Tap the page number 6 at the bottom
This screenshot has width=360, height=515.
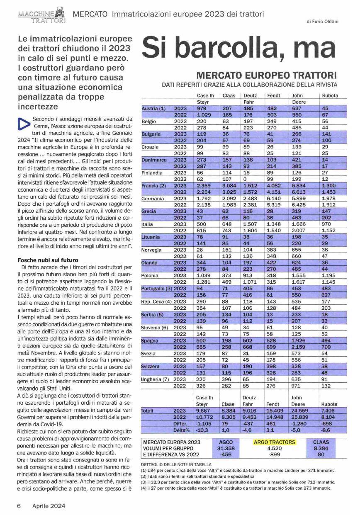(19, 506)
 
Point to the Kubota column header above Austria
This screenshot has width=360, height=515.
(330, 95)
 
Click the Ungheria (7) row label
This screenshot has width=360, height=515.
(156, 379)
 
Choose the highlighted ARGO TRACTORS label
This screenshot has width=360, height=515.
(274, 442)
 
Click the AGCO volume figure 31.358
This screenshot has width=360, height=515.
(226, 448)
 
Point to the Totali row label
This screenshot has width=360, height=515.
(148, 411)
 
